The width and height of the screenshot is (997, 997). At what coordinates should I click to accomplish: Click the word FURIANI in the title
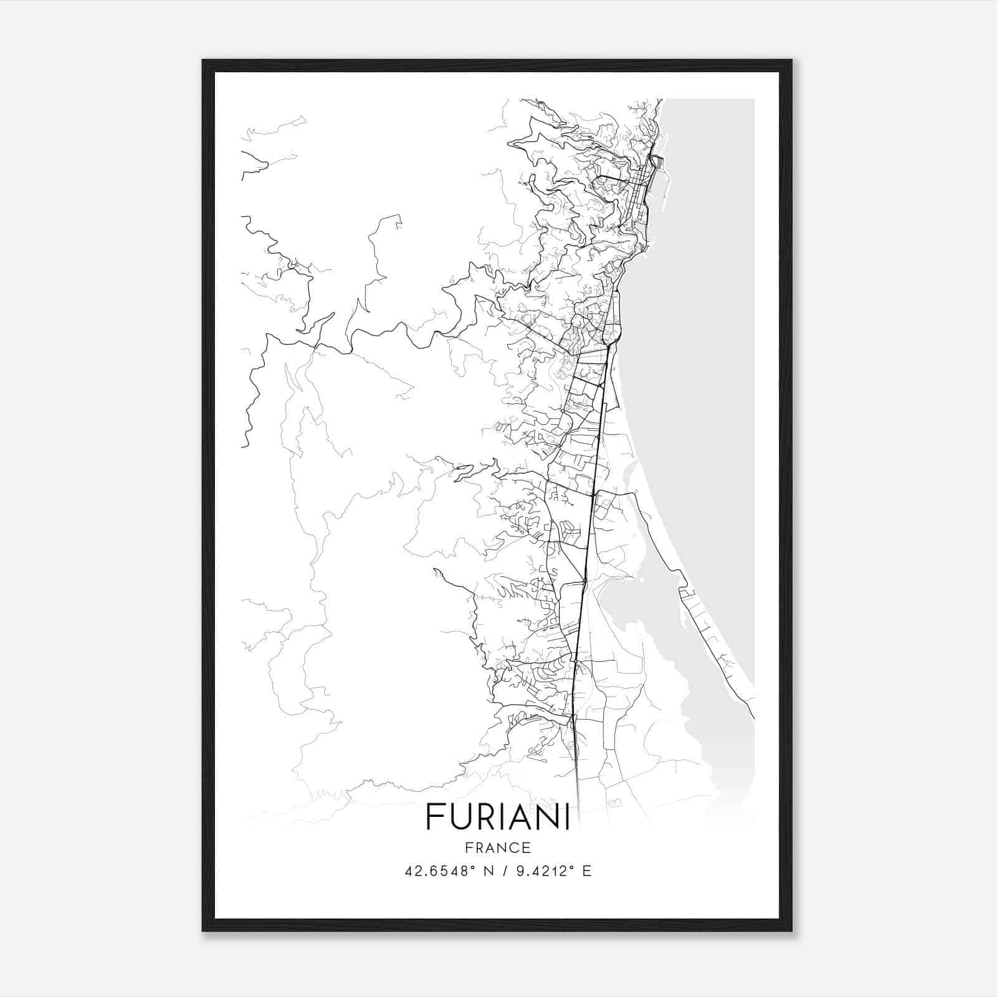tap(498, 817)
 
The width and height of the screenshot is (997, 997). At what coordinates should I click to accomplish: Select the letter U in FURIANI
tap(461, 817)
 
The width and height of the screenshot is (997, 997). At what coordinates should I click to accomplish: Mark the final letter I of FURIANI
tap(566, 817)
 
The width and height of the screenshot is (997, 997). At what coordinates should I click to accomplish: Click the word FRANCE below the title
tap(498, 847)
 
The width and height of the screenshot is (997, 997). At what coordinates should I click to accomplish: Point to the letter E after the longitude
tap(586, 871)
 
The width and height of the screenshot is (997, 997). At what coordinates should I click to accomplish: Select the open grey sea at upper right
tap(710, 249)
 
